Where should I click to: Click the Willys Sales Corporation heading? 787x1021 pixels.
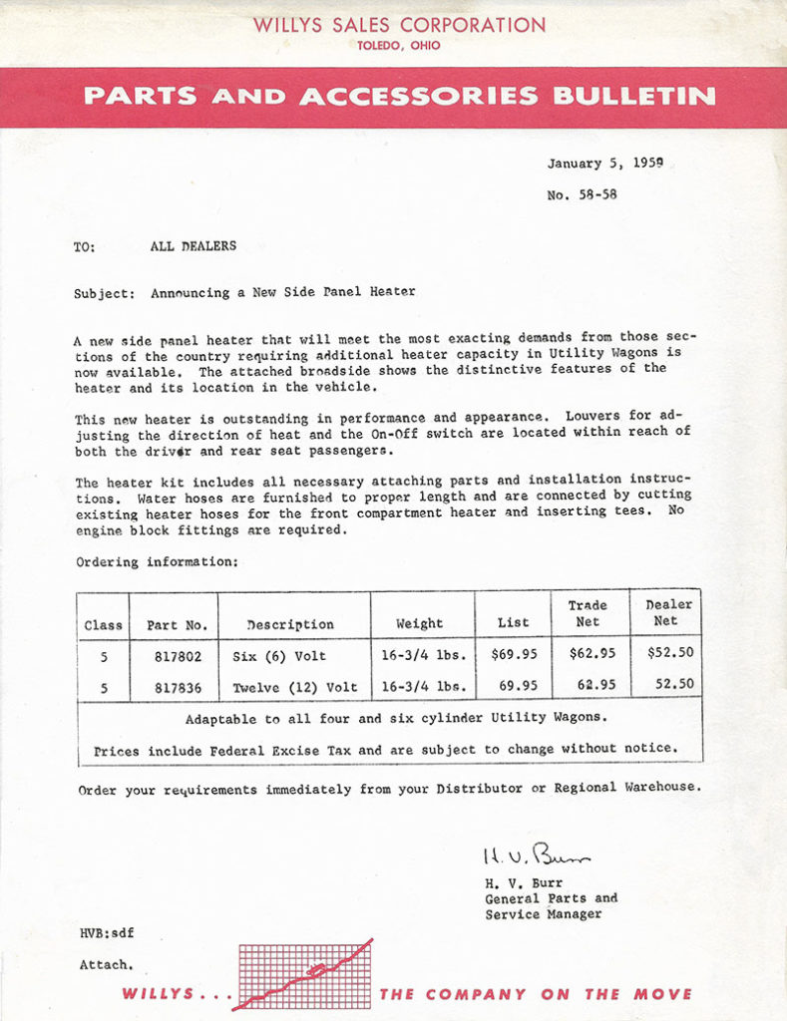(x=399, y=25)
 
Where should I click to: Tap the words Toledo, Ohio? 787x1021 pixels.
(x=399, y=46)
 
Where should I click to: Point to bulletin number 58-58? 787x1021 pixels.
(x=583, y=194)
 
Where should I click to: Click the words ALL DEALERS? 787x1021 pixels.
(x=194, y=246)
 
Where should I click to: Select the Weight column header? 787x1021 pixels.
(x=419, y=624)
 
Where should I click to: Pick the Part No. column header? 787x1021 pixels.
(x=177, y=625)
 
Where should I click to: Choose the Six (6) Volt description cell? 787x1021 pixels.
(x=279, y=656)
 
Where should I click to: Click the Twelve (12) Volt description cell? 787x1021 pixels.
(x=294, y=687)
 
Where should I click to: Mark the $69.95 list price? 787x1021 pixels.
(x=514, y=656)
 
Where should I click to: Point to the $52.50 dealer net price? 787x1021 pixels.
(x=669, y=654)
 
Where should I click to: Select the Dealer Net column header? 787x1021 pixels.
(x=668, y=612)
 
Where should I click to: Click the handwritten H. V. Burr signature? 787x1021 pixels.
(x=536, y=854)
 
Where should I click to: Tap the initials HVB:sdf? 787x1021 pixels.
(x=107, y=933)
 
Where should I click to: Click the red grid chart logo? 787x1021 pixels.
(x=303, y=974)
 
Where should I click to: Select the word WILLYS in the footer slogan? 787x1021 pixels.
(x=164, y=994)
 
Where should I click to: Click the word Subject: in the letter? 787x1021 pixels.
(x=104, y=293)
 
